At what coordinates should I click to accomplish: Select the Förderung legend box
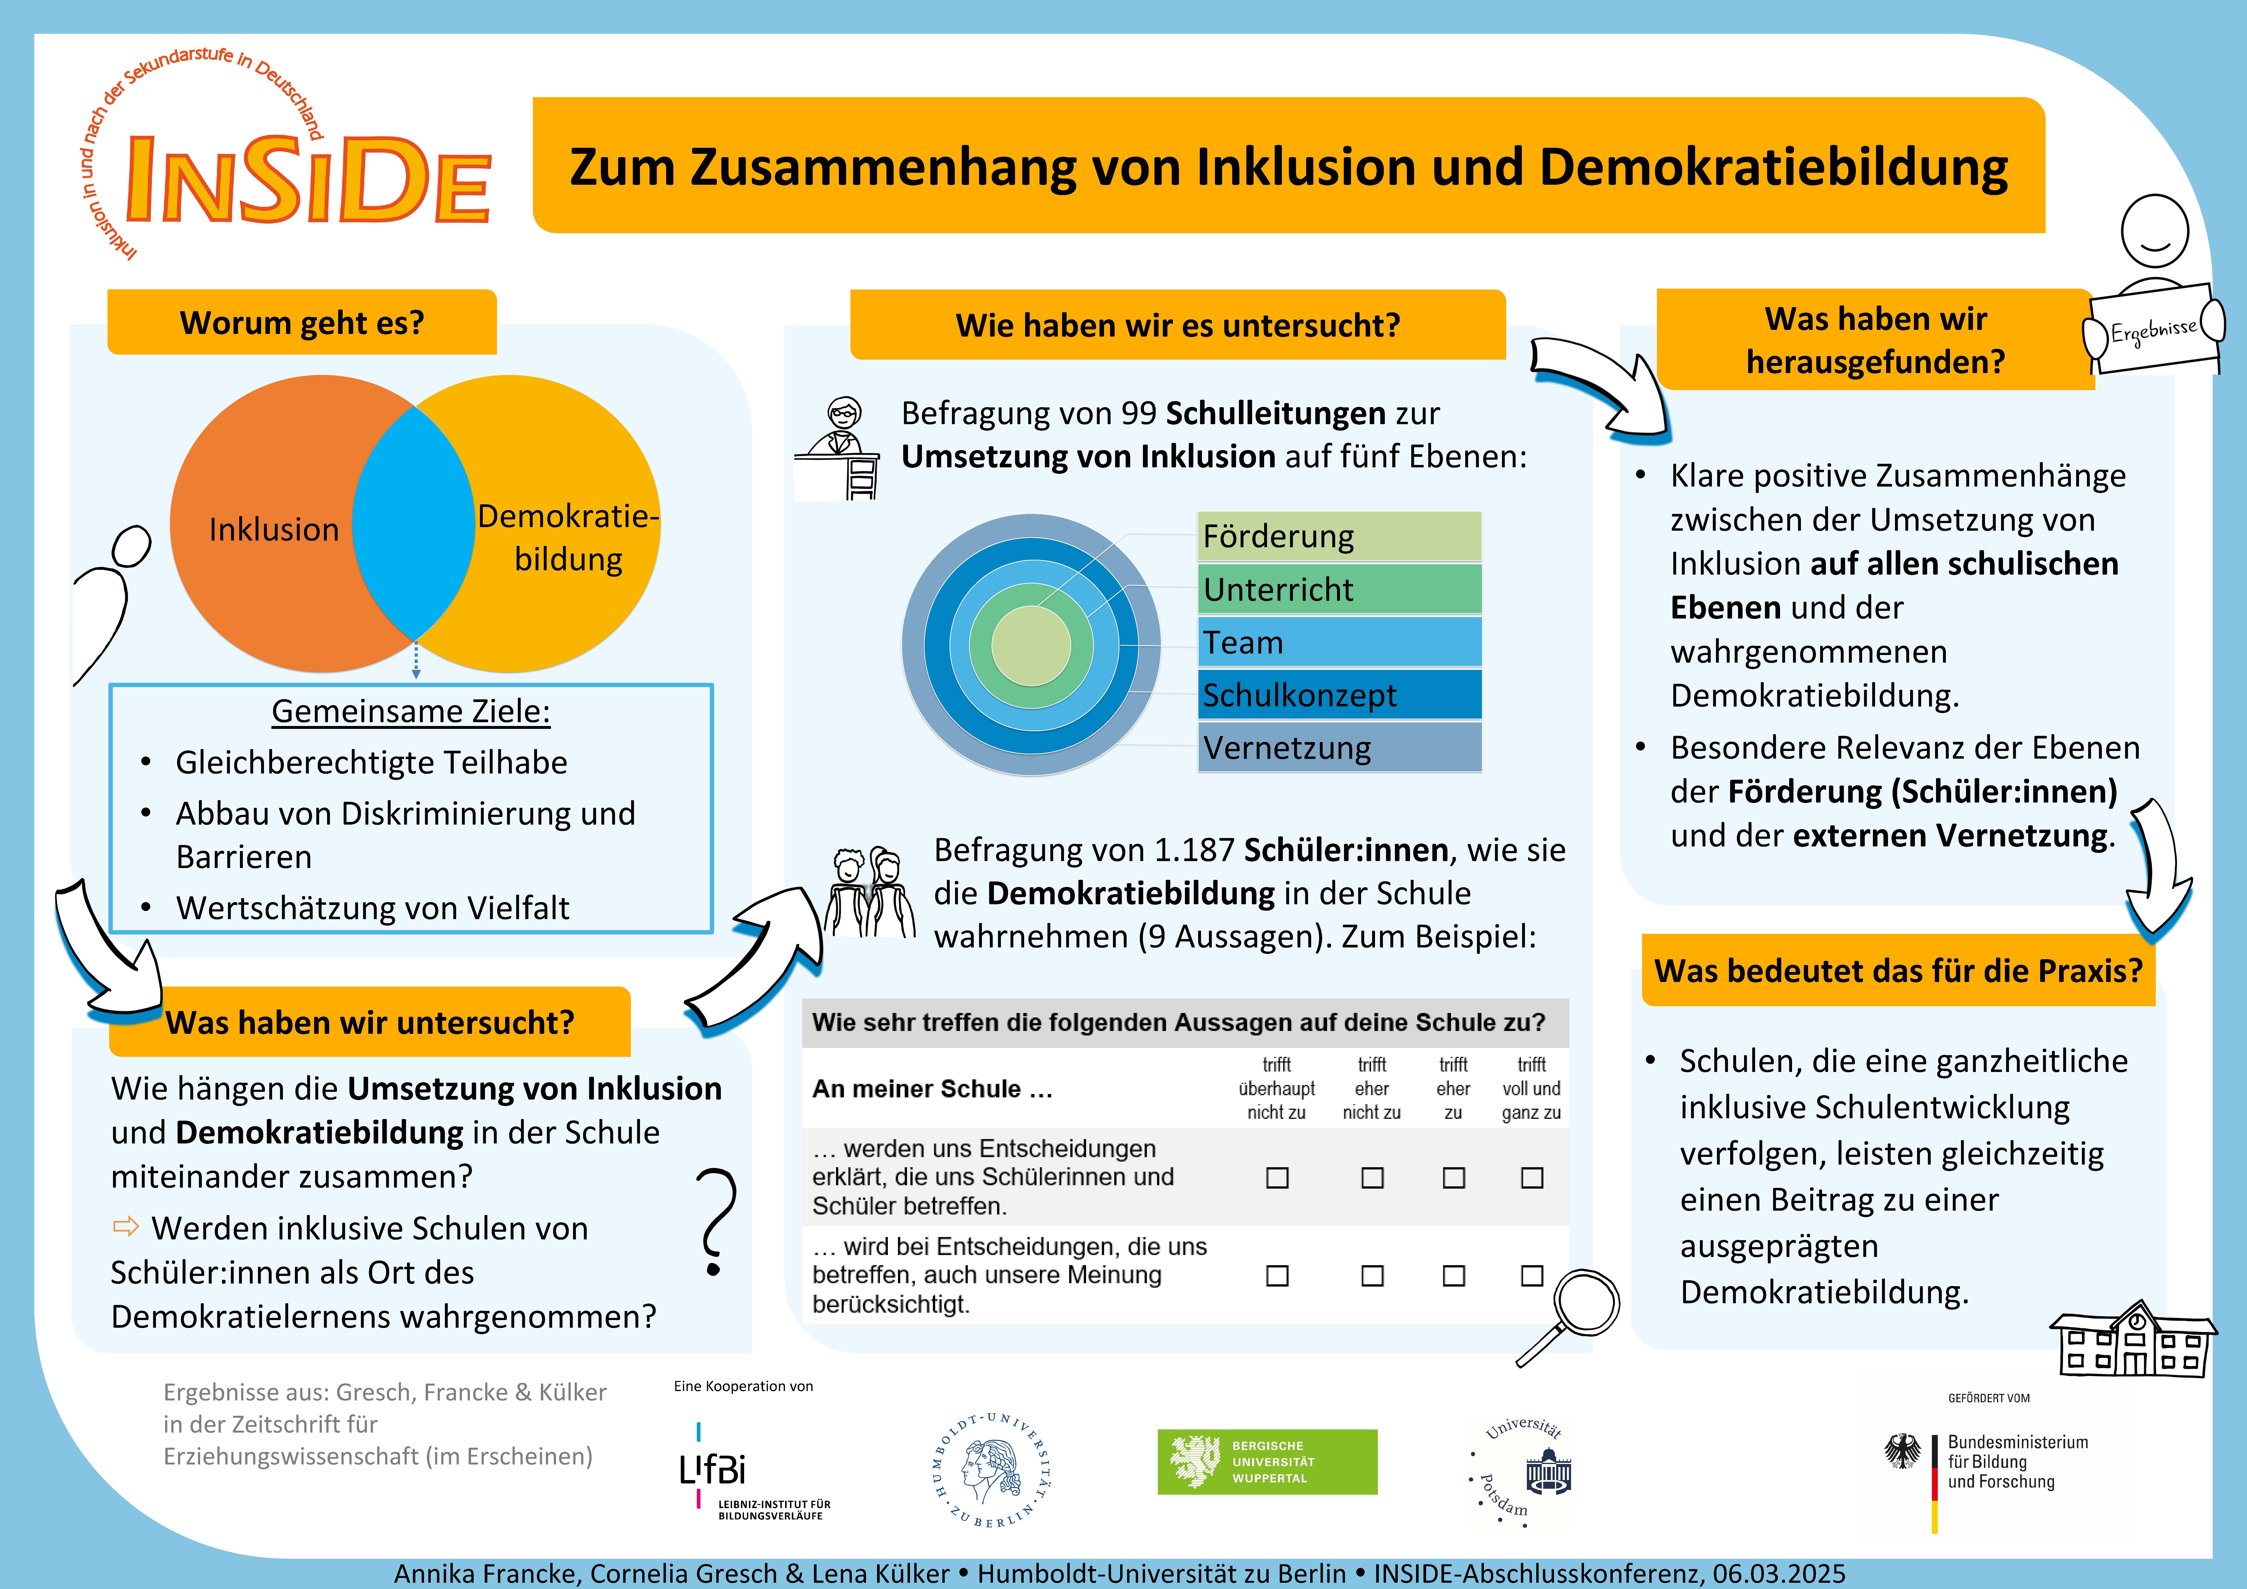pyautogui.click(x=1339, y=536)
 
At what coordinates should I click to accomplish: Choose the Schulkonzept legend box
pyautogui.click(x=1339, y=695)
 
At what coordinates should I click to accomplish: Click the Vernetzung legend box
pyautogui.click(x=1339, y=748)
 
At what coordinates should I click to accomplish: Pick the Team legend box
pyautogui.click(x=1339, y=642)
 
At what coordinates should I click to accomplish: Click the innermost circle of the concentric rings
pyautogui.click(x=1032, y=646)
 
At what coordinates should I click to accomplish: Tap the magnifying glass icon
pyautogui.click(x=1569, y=1316)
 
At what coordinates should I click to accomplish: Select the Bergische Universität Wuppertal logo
pyautogui.click(x=1267, y=1462)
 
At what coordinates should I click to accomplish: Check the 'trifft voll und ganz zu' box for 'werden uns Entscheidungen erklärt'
pyautogui.click(x=1533, y=1178)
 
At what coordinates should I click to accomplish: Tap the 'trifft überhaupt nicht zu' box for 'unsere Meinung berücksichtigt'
pyautogui.click(x=1277, y=1276)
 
